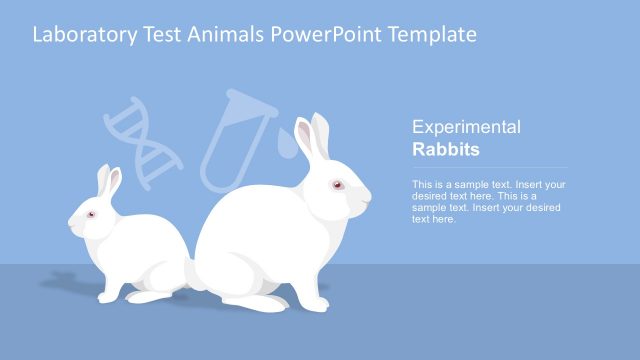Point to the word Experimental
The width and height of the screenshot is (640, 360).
pyautogui.click(x=466, y=128)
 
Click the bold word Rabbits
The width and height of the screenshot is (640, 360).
pyautogui.click(x=446, y=150)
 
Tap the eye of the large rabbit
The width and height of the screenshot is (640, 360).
pyautogui.click(x=337, y=185)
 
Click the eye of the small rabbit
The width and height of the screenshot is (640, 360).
pyautogui.click(x=91, y=215)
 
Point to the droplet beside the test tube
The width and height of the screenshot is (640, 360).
pyautogui.click(x=288, y=148)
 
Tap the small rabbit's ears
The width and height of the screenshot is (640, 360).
pyautogui.click(x=108, y=183)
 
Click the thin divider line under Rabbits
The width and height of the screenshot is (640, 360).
pyautogui.click(x=490, y=168)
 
